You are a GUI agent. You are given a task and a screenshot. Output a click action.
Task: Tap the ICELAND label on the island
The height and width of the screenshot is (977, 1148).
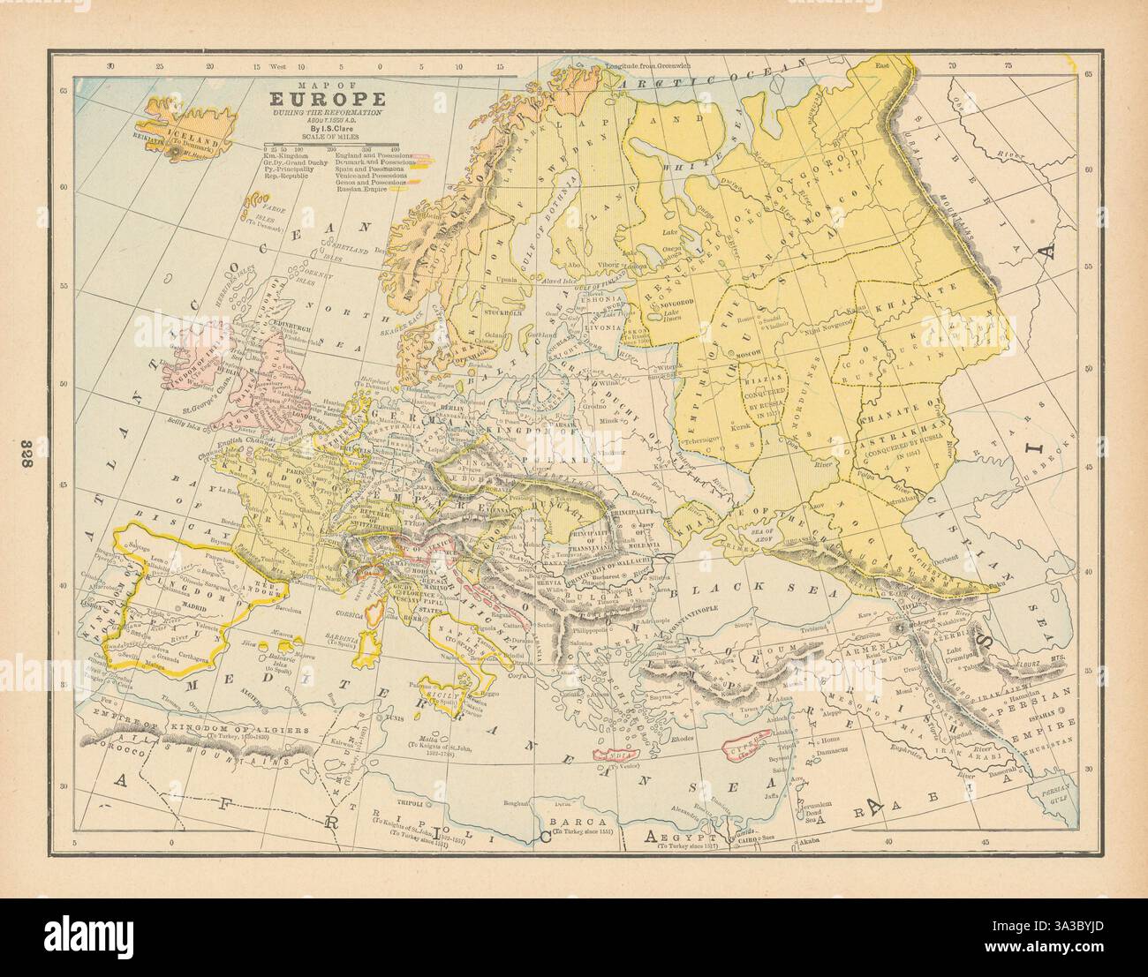tap(188, 139)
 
